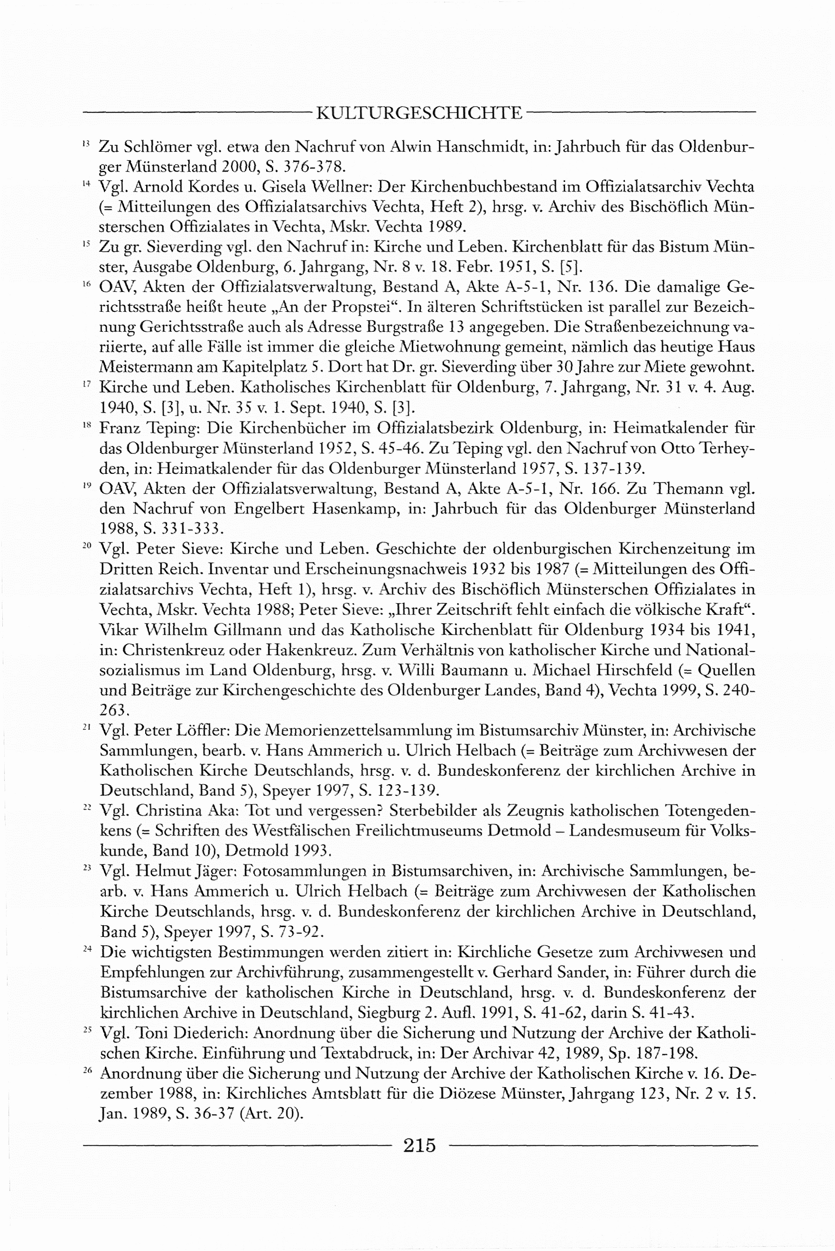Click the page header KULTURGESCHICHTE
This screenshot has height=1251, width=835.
coord(419,113)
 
